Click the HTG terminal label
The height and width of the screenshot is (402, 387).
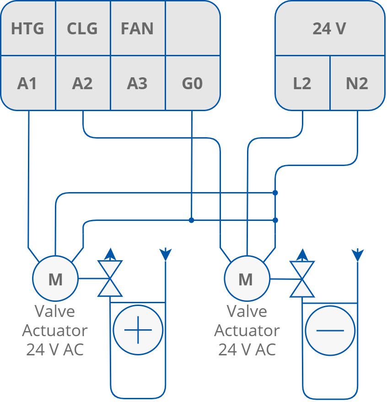[x=27, y=29]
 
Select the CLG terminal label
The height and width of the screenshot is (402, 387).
[x=82, y=29]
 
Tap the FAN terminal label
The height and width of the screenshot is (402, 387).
[x=137, y=29]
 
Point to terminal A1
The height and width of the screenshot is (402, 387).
[x=27, y=84]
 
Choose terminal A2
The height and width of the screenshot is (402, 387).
[x=82, y=84]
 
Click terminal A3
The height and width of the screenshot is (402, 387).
[x=137, y=84]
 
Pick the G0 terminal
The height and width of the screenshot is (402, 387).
[x=192, y=84]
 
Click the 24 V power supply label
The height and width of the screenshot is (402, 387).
[x=329, y=29]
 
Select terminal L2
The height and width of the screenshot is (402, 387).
[x=302, y=84]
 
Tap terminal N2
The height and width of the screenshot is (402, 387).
[x=357, y=84]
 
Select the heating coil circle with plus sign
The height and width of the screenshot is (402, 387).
[x=138, y=330]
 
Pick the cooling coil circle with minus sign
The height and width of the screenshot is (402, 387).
[x=330, y=330]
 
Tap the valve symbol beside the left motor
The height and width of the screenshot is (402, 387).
[x=110, y=279]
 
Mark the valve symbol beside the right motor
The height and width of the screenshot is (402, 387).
[x=302, y=279]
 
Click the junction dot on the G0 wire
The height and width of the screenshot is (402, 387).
[x=192, y=220]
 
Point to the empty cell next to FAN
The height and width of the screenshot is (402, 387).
[x=192, y=29]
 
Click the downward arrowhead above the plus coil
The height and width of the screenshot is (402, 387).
[x=165, y=254]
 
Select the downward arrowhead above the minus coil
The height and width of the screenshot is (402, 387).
[x=357, y=254]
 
